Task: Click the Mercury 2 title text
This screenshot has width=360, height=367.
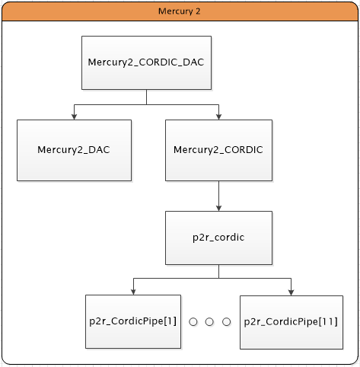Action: (179, 11)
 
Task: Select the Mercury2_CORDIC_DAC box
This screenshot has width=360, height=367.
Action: (146, 62)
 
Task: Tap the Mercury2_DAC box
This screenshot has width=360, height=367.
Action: (74, 150)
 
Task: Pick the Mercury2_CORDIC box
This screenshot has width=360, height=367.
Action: (218, 150)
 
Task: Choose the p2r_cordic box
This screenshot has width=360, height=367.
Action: (218, 238)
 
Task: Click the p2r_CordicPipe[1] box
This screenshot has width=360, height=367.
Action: (133, 321)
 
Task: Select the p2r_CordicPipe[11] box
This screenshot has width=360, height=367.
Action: (292, 322)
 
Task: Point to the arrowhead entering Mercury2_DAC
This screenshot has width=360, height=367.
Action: (74, 116)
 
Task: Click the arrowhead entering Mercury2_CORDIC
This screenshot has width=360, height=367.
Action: (218, 116)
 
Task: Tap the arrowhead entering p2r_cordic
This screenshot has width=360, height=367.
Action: (218, 208)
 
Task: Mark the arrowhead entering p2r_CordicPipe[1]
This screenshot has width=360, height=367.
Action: (133, 292)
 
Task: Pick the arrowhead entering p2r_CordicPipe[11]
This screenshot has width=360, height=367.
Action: (291, 292)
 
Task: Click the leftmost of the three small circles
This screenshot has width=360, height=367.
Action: (193, 322)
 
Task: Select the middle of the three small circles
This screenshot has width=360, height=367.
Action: (209, 322)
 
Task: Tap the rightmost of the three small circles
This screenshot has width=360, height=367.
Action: (226, 322)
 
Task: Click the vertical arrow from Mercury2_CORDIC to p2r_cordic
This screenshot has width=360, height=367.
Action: (218, 196)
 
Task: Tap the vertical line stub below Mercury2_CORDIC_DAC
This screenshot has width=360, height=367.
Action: (146, 97)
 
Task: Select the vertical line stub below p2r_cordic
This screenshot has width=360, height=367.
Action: (218, 272)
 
